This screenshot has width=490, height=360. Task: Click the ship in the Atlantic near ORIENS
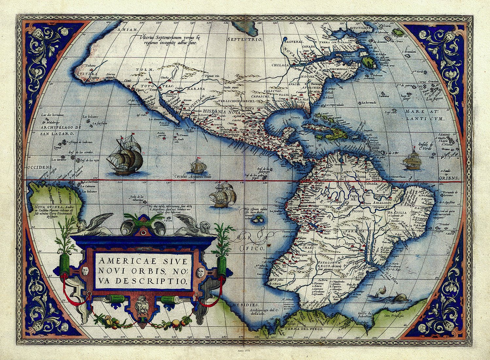pos(412,161)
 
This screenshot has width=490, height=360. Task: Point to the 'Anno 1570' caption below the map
pos(245,350)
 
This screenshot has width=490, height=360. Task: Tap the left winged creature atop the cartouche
pos(93,225)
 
